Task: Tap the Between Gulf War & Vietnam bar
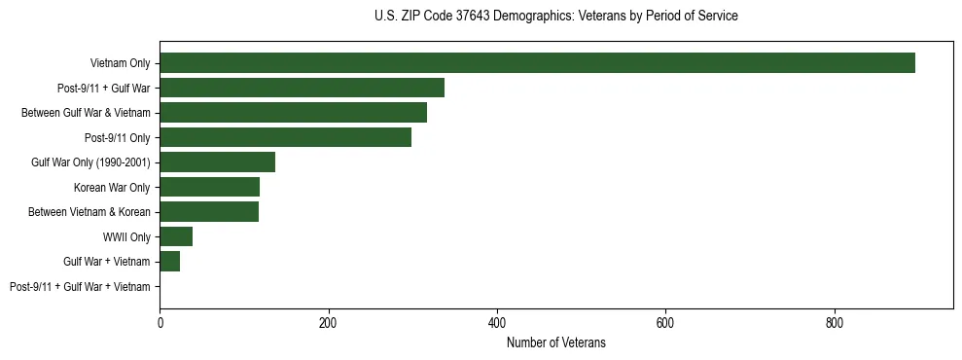coord(293,113)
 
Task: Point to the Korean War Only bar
coord(209,187)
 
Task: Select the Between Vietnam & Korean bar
coord(209,212)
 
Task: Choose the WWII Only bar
coord(176,236)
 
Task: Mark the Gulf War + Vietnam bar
coord(169,262)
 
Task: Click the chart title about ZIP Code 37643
coord(555,17)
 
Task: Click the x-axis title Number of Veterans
coord(555,342)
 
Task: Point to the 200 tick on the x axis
coord(328,322)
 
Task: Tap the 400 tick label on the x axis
coord(497,322)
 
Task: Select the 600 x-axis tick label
coord(665,322)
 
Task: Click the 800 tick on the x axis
coord(834,322)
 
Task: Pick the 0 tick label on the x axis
coord(160,322)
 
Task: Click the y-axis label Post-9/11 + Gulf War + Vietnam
coord(80,287)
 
